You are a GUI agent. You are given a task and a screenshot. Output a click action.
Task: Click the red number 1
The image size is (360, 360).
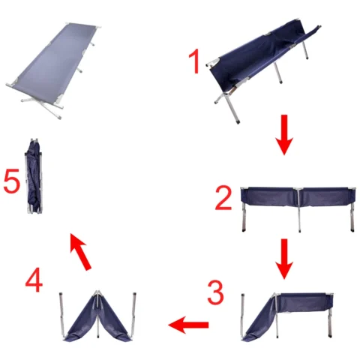point(195,61)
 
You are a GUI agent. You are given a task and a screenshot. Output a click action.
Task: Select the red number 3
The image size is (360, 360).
point(215,292)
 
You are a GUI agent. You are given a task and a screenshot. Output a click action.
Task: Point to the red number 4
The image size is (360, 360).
point(34,280)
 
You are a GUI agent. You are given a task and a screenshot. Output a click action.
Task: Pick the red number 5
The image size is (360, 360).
point(11,181)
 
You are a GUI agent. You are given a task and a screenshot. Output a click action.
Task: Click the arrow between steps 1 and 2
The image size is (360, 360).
point(283,135)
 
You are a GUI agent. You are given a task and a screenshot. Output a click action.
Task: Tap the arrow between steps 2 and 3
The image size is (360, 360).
point(284,259)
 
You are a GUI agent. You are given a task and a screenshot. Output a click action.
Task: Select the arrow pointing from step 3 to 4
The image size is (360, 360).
point(188,325)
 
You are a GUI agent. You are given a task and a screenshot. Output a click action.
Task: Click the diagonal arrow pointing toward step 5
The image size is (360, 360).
point(80,251)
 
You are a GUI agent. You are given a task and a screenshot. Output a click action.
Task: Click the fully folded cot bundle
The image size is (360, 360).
point(34,176)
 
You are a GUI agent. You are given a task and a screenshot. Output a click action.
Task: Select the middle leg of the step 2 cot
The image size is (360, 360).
point(299,211)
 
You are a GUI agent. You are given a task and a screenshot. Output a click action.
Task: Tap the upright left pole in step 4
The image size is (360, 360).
point(62,314)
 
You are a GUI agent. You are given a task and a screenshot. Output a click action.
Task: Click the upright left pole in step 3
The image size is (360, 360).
point(243,316)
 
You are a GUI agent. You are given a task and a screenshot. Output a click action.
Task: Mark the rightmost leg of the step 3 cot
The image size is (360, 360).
point(331,323)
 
